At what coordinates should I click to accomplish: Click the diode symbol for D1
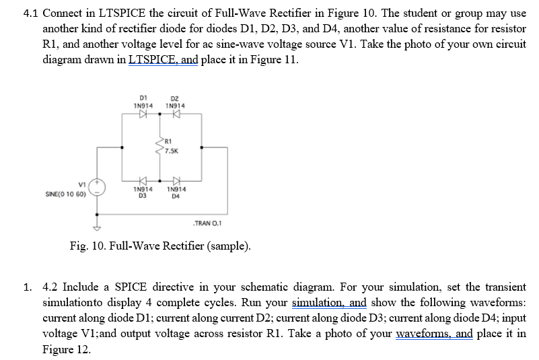(142, 114)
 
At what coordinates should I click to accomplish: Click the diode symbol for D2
(176, 114)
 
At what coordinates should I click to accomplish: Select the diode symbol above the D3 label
(142, 180)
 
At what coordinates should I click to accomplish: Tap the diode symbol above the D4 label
(176, 180)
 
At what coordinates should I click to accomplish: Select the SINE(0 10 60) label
(65, 194)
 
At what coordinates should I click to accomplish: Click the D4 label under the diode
(176, 196)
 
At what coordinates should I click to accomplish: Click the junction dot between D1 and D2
(159, 114)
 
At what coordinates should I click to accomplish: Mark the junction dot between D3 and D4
(159, 180)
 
